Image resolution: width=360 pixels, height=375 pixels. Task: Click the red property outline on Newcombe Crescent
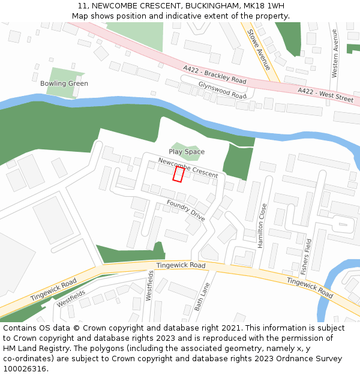178,174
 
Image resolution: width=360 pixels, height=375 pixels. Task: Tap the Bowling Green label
64,83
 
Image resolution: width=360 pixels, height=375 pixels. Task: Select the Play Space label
187,152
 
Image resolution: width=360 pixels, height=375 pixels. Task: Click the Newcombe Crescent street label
188,167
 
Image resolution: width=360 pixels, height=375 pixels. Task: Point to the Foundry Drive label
186,211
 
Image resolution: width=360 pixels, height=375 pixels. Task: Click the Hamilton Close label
262,225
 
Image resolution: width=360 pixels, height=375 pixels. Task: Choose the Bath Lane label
202,296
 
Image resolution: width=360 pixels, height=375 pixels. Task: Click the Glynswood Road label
222,90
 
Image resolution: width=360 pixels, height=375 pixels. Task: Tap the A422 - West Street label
326,94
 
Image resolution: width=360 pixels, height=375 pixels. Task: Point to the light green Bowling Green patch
60,90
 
